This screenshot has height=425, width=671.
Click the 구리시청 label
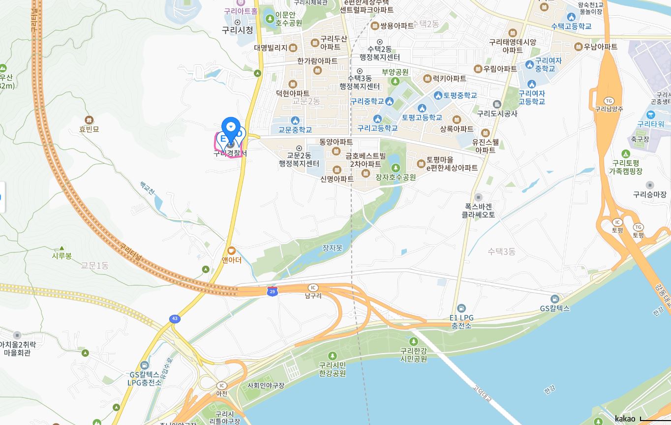(237, 30)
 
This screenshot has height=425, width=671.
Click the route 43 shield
(175, 319)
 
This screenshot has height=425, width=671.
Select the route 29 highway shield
(273, 291)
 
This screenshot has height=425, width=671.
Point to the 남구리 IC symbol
(313, 287)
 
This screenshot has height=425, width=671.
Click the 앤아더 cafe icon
(231, 251)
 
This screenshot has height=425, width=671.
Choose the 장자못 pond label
(332, 248)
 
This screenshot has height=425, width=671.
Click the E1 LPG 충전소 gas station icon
(461, 308)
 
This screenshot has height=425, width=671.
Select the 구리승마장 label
(649, 194)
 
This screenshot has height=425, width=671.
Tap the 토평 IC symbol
(617, 222)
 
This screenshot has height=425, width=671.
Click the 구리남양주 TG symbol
(609, 101)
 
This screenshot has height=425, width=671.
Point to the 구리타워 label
(650, 124)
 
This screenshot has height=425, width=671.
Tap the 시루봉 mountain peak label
(62, 256)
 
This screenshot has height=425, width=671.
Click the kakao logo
(625, 419)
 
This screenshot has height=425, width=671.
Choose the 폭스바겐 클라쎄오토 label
(478, 211)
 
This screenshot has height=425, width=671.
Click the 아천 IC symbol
(222, 386)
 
